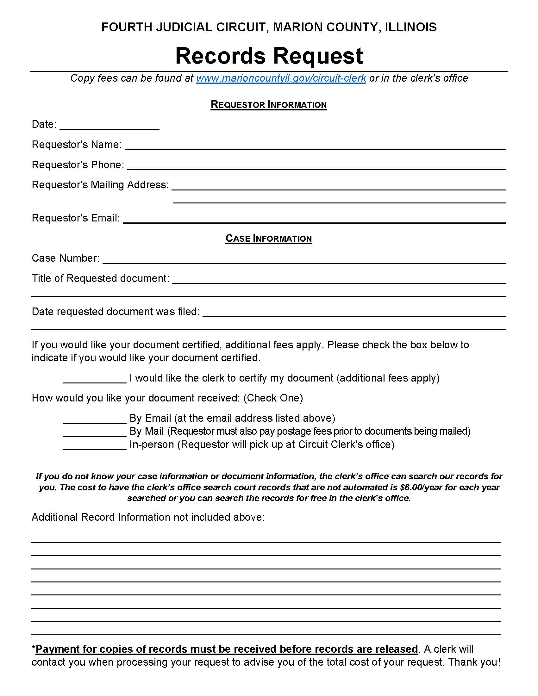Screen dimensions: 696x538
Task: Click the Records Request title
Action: coord(269,56)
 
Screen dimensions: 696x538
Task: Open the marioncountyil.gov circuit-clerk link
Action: coord(281,78)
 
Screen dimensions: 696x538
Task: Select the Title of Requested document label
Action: coord(100,278)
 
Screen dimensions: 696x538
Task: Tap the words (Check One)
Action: coord(273,398)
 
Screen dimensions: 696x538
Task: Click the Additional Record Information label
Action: coord(148,517)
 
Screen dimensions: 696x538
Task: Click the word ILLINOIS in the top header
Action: coord(410,28)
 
